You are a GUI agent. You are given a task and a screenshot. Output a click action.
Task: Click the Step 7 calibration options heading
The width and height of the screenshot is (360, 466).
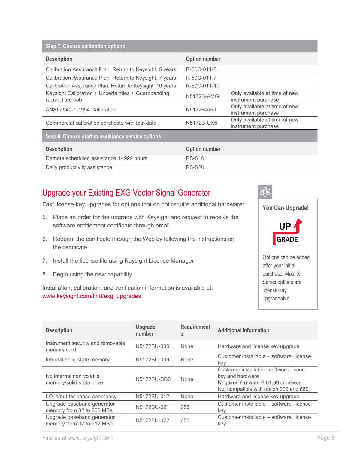(85, 46)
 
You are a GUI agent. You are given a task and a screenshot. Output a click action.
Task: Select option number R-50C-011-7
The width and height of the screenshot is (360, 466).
(201, 78)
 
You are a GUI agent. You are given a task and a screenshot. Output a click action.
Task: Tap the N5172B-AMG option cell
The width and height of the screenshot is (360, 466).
(202, 96)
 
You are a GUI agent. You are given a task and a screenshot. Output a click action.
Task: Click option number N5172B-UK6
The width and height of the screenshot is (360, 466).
(201, 123)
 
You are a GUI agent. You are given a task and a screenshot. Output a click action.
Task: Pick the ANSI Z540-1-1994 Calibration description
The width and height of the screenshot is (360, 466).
(81, 110)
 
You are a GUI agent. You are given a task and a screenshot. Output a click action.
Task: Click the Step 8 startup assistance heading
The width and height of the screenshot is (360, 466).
(103, 136)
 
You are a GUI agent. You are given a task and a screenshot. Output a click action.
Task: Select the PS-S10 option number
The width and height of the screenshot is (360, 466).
(195, 158)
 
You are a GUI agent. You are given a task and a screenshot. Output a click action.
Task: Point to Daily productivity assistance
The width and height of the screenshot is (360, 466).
(79, 167)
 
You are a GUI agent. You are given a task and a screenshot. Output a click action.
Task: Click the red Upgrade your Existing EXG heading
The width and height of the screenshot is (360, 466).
(126, 193)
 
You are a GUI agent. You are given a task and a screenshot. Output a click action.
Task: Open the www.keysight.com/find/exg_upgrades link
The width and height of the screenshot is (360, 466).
(92, 296)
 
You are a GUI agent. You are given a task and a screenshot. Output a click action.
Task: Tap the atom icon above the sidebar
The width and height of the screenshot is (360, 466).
(265, 192)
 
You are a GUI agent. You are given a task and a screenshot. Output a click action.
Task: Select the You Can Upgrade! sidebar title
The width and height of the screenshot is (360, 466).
(285, 208)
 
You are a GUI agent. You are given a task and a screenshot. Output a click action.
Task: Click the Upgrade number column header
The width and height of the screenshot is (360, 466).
(145, 330)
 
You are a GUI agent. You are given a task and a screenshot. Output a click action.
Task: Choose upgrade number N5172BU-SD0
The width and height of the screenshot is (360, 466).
(153, 379)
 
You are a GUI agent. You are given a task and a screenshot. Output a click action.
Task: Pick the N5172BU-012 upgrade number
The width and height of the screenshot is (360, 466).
(152, 397)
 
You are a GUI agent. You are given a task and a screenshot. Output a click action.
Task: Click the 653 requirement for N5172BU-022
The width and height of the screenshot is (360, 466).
(185, 420)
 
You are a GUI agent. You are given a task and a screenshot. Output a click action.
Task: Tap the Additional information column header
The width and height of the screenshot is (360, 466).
(243, 330)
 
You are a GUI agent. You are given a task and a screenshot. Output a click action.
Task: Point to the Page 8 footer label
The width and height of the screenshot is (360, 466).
(326, 438)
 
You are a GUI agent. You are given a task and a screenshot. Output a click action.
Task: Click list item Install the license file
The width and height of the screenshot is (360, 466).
(123, 261)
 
